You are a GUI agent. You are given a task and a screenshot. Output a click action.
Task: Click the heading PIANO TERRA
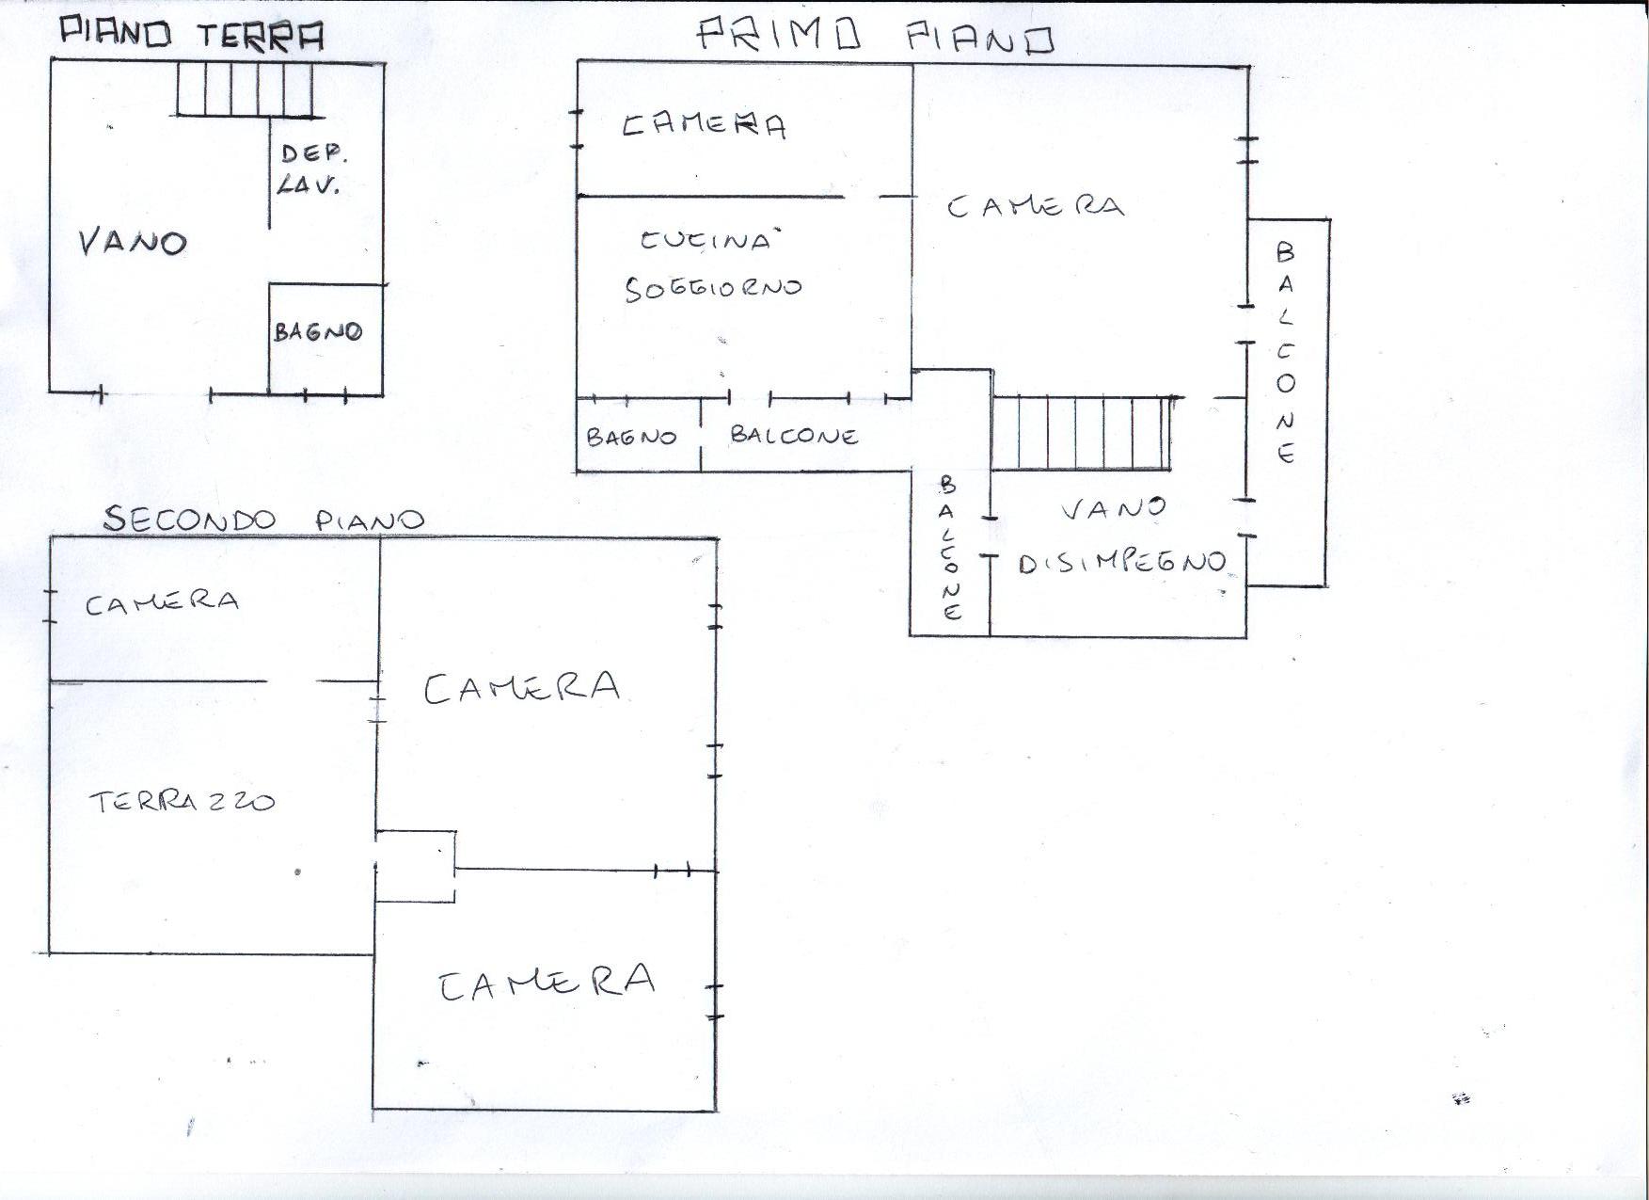click(x=192, y=34)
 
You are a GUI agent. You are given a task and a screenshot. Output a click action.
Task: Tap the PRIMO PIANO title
click(x=876, y=37)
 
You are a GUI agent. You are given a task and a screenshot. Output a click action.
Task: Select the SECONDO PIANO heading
click(x=263, y=519)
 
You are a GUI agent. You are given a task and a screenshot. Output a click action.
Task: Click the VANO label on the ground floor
click(x=133, y=242)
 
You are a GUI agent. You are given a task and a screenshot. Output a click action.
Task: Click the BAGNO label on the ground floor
click(x=318, y=331)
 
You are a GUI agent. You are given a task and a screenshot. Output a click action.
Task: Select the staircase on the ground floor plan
click(x=245, y=88)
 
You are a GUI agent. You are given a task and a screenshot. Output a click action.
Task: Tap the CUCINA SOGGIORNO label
click(x=712, y=264)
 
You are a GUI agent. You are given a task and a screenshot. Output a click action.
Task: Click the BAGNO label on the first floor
click(x=631, y=437)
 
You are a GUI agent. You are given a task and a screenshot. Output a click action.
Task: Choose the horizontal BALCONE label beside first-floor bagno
click(x=794, y=435)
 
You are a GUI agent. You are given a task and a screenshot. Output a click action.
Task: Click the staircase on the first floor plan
click(x=1082, y=432)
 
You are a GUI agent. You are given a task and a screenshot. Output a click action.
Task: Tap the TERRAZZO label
click(x=182, y=802)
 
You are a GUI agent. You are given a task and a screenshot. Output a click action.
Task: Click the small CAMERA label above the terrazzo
click(x=162, y=601)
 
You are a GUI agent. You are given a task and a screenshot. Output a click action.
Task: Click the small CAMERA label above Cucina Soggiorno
click(x=704, y=125)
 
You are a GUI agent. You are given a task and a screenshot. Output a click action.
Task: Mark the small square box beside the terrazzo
click(x=415, y=866)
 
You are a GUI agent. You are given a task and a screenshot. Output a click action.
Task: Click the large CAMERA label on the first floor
click(x=1035, y=206)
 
